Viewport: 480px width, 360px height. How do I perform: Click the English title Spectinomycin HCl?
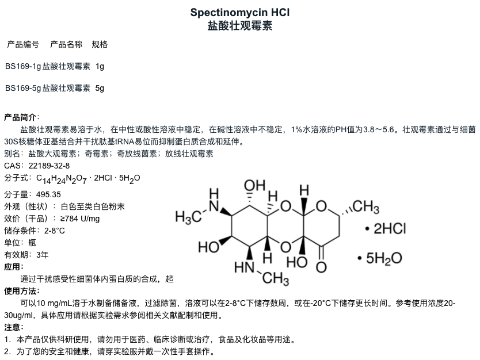coord(240,12)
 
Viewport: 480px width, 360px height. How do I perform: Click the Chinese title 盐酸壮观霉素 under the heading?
coord(240,26)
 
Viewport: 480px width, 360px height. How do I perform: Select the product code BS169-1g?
coord(22,67)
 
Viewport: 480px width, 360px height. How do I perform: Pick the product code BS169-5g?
coord(22,88)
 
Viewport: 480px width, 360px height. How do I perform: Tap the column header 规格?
coord(100,44)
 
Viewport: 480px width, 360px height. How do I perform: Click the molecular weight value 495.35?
coord(49,194)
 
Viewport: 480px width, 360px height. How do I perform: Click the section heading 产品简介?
coord(21,117)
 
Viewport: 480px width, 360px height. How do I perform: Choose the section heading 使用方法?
coord(21,291)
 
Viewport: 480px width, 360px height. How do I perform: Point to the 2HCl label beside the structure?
coord(389,228)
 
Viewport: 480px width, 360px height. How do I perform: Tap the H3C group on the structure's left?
coord(188,217)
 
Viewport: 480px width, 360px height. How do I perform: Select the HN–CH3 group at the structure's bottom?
coord(262,273)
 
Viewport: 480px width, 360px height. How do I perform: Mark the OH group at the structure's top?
coord(254,186)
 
